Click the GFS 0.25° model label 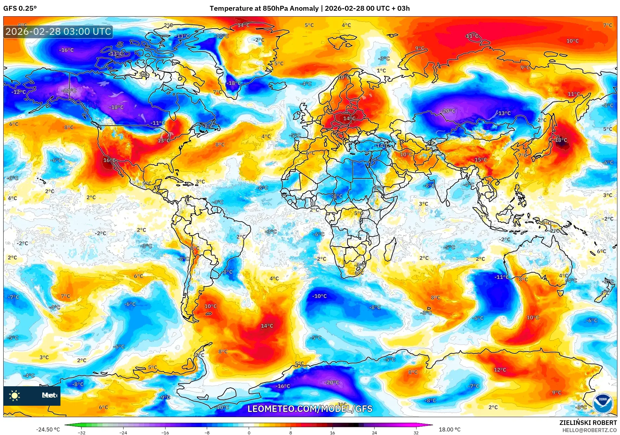point(20,8)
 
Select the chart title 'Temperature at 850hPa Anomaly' point(264,8)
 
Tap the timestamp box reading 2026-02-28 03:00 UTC point(58,32)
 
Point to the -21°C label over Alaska point(69,91)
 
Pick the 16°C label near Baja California point(109,160)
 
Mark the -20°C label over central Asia point(448,111)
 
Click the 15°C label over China point(481,160)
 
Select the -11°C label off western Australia point(501,277)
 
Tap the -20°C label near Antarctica point(332,383)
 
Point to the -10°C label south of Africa point(319,296)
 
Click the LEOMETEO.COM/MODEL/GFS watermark point(310,409)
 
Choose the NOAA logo point(602,403)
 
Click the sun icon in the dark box point(15,396)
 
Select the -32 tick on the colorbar point(82,432)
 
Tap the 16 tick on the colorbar point(332,432)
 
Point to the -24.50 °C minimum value point(48,429)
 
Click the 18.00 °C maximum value point(450,429)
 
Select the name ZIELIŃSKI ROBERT point(588,423)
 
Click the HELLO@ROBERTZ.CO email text point(589,430)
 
